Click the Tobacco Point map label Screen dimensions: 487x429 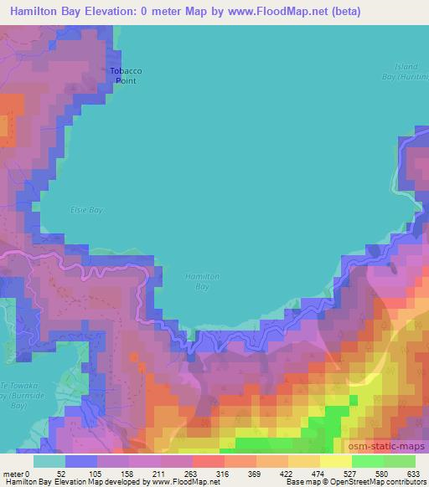(122, 76)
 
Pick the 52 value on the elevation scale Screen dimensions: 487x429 (61, 474)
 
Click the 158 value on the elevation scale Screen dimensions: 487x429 (128, 474)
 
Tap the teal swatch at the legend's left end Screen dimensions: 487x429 (49, 461)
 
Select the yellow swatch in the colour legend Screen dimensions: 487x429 (335, 461)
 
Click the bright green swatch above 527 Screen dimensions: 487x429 (367, 461)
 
